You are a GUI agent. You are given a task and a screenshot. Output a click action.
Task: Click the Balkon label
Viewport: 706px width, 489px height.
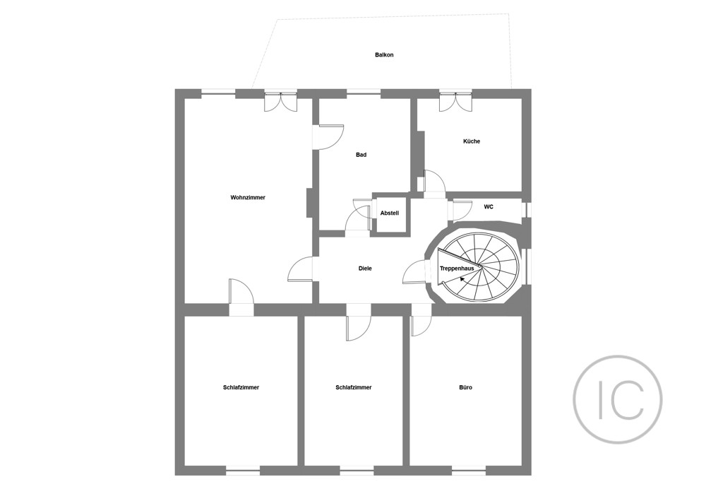pos(384,55)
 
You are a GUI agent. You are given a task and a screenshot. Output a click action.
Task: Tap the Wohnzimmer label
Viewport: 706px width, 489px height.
pos(248,197)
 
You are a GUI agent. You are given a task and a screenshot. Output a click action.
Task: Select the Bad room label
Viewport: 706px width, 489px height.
pos(361,155)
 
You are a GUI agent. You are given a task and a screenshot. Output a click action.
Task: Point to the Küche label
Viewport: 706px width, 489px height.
pos(472,141)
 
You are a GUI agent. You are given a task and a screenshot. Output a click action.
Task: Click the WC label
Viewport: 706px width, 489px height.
pos(489,207)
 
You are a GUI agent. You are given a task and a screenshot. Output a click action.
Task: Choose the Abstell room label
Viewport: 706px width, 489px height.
pos(390,213)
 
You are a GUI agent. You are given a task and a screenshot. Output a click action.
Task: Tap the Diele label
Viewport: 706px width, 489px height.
pos(365,269)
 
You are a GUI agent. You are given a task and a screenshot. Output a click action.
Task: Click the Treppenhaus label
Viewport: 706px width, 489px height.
pos(457,268)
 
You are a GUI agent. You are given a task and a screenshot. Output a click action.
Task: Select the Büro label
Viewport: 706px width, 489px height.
pos(465,387)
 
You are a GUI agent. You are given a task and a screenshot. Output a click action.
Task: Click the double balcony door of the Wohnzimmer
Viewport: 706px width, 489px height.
pos(280,102)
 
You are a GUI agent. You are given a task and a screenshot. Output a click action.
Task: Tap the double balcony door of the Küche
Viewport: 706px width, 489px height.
pos(455,102)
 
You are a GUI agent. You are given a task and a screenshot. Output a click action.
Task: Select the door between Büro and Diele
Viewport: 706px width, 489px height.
pos(421,320)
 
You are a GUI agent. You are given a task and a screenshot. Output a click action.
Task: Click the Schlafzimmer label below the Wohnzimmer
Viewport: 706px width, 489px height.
pos(241,387)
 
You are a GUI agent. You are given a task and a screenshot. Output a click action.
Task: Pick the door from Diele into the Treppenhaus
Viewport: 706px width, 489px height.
pos(415,272)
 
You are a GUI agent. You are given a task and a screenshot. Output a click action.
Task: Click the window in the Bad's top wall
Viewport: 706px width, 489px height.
pos(364,93)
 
